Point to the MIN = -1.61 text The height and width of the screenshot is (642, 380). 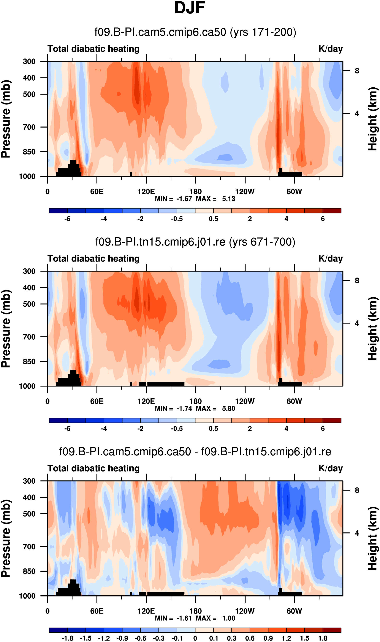coord(173,618)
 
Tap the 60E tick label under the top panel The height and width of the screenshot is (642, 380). coord(97,192)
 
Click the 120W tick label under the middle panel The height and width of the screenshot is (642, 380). coord(245,401)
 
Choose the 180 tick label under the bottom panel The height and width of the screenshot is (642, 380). coord(196,611)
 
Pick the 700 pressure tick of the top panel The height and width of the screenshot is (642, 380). coord(29,127)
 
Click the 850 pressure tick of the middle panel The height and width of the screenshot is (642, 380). coord(29,361)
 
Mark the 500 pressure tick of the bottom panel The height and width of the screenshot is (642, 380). coord(29,514)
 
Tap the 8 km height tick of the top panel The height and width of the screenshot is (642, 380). coord(357,71)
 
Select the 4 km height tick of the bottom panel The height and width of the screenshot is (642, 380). coord(357,533)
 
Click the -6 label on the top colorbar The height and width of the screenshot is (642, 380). coord(67,219)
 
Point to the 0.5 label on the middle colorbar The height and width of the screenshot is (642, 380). coord(213,429)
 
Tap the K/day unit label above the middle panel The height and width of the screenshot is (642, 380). coord(330,259)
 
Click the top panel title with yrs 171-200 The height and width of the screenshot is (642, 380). coord(195,32)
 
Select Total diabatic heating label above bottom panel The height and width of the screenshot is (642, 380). coord(93,468)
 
